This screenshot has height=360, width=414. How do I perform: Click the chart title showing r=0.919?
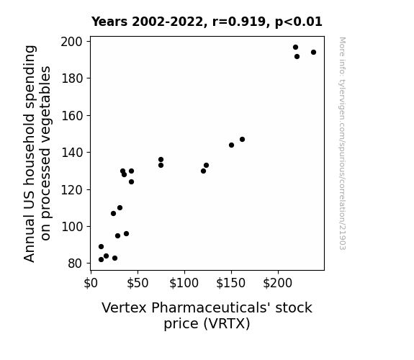[207, 22]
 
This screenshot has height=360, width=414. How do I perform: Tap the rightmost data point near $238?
[313, 53]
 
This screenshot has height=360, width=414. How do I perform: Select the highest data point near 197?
[295, 48]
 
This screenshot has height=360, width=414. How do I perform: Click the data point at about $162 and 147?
[242, 139]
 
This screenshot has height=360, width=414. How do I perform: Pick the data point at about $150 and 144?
[231, 145]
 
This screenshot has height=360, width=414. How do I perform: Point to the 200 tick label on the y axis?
[72, 42]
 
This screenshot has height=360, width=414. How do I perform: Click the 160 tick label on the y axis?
[72, 116]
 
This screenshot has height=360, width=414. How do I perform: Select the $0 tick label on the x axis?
[91, 283]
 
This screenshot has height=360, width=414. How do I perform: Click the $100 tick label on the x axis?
[184, 283]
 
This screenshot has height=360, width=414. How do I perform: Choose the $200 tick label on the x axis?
[278, 283]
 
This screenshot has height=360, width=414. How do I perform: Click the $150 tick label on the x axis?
[231, 283]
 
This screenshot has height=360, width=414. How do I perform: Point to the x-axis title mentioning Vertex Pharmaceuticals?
[207, 315]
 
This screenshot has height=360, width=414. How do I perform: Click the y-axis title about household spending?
[37, 153]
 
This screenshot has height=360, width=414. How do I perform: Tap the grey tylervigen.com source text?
[342, 143]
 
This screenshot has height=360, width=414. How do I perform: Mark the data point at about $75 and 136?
[161, 160]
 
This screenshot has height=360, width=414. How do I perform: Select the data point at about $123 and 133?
[206, 166]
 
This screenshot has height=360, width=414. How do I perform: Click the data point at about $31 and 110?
[120, 208]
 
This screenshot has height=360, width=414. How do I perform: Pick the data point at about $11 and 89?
[101, 247]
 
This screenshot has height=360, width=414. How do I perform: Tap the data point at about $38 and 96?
[126, 234]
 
